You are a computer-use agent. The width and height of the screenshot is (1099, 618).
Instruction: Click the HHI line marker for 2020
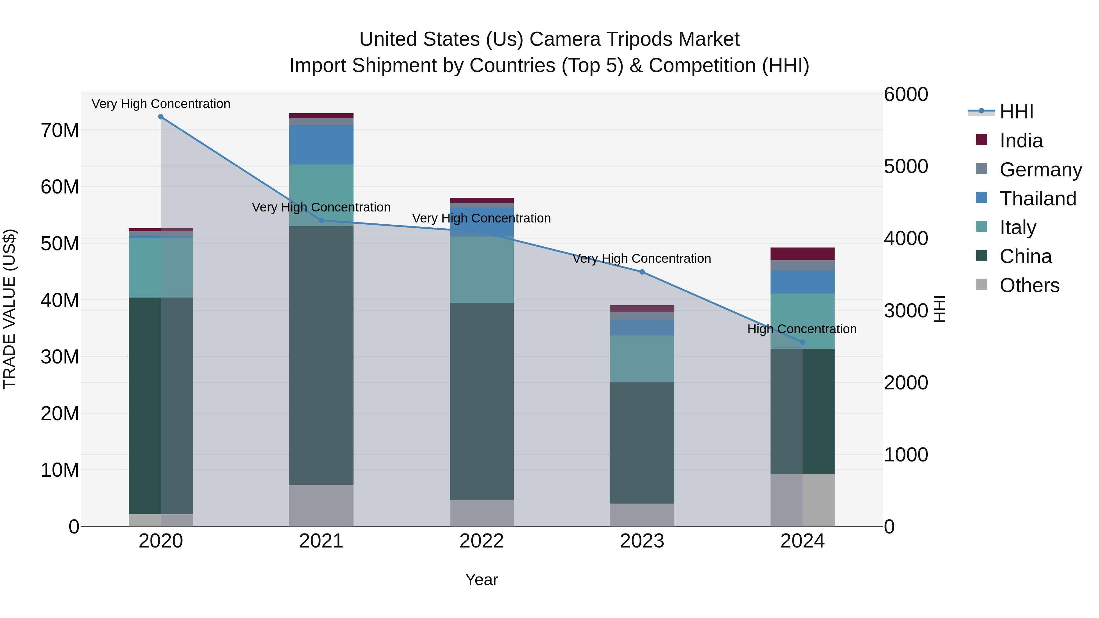tap(161, 117)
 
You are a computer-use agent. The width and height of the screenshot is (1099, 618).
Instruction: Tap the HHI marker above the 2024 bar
tap(803, 342)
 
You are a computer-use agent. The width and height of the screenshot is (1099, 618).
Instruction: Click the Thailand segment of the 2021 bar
tap(321, 145)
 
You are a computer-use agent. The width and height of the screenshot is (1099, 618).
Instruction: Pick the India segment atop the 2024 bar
tap(803, 254)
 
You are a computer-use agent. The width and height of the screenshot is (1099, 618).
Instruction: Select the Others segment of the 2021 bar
tap(321, 505)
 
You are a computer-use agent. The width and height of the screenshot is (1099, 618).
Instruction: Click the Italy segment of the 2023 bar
tap(642, 359)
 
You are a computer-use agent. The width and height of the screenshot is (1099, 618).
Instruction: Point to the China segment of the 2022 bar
tap(482, 401)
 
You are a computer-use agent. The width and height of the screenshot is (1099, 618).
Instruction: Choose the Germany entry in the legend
tap(1041, 170)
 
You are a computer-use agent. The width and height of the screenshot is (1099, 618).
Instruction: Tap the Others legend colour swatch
tap(981, 284)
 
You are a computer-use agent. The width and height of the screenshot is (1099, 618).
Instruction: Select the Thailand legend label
tap(1038, 199)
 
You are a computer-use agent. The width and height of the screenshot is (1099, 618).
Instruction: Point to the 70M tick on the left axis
tap(60, 131)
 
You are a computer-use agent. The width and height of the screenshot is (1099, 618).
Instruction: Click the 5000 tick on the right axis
tap(906, 166)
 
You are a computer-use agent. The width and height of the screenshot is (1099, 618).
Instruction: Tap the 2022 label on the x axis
tap(482, 541)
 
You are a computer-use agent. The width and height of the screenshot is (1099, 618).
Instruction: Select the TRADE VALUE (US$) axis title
tap(9, 309)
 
